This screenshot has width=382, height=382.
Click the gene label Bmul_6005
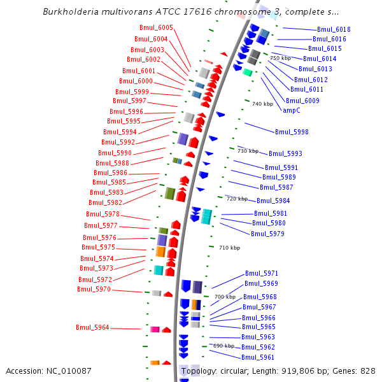pos(156,27)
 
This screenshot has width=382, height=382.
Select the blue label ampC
pos(291,110)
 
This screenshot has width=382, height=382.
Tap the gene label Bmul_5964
pos(92,327)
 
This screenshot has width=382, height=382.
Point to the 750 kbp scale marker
pos(280,58)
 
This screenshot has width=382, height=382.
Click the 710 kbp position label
pos(229,248)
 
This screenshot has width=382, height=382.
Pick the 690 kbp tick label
pos(223,346)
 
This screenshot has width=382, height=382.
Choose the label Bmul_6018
pos(334,29)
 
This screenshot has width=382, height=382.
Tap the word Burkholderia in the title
pos(73,11)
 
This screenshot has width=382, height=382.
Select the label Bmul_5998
pos(292,132)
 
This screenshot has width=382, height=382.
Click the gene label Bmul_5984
pos(273,201)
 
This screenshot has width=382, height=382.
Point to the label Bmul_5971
pos(262,273)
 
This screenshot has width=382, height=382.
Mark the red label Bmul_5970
pos(94,289)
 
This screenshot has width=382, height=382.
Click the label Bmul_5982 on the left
pos(105,202)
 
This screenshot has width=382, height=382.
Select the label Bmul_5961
pos(258,357)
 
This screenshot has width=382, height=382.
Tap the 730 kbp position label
pos(248,151)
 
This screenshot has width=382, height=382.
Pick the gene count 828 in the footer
pos(368,371)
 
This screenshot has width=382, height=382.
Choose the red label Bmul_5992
pos(118,142)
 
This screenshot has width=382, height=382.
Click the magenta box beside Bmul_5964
pos(155,329)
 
